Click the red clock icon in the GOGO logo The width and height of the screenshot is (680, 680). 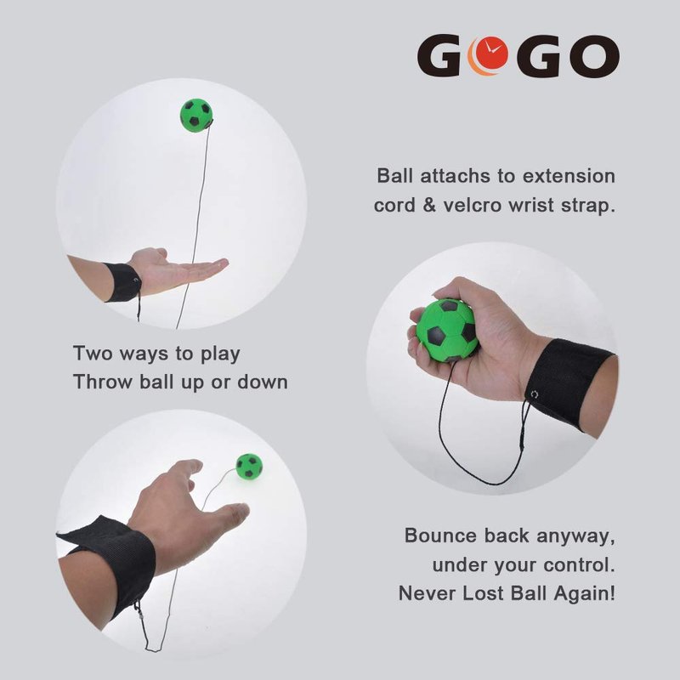491,52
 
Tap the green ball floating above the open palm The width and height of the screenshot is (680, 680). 196,116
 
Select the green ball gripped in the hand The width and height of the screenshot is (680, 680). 447,331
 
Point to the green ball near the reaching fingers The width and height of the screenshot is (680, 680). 249,467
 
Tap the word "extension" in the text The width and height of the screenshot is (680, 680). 569,176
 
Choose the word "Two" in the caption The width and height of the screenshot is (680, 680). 93,353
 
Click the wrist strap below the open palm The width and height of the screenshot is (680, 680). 122,282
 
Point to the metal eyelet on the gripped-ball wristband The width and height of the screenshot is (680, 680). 535,394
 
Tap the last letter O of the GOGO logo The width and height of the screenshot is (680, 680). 594,56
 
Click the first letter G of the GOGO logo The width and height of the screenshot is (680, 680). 439,56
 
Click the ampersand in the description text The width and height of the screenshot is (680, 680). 429,205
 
